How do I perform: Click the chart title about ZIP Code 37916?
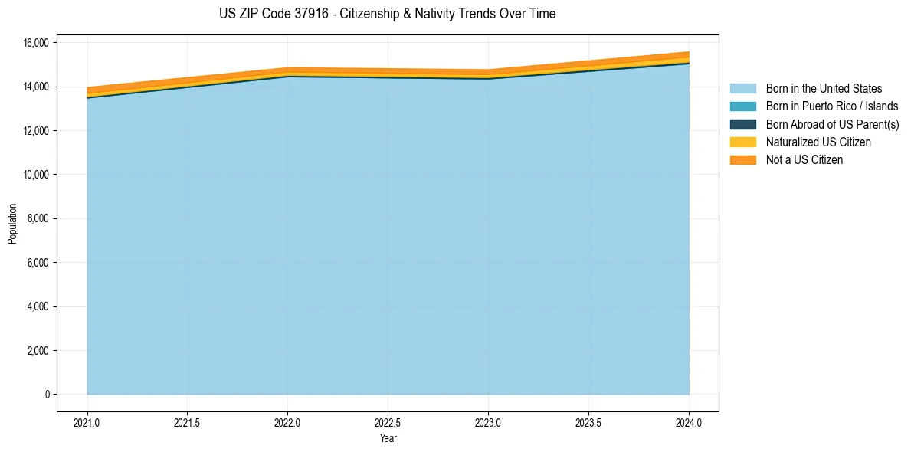(x=387, y=14)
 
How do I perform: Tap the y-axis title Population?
(x=12, y=224)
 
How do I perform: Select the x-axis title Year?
(x=388, y=438)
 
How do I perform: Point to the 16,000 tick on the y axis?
(x=37, y=43)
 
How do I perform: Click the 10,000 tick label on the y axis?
(x=37, y=175)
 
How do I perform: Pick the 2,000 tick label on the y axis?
(x=39, y=351)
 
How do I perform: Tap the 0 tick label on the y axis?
(x=47, y=395)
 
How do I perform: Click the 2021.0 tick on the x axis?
(x=87, y=422)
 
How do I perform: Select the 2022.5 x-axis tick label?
(x=388, y=422)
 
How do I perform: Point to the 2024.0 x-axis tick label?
(x=689, y=422)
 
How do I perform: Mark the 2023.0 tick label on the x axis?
(x=488, y=422)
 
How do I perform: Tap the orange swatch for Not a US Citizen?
(x=742, y=160)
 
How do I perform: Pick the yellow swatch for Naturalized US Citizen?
(x=742, y=142)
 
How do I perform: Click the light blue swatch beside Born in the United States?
(x=742, y=89)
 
